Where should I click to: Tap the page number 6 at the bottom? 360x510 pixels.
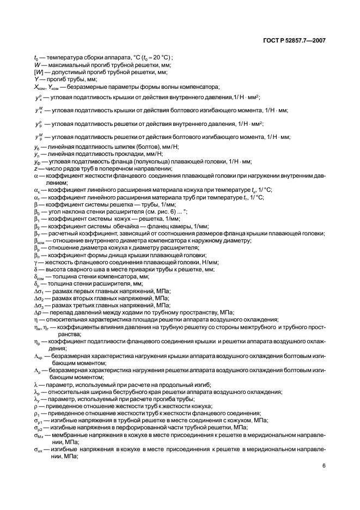pyautogui.click(x=324, y=466)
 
